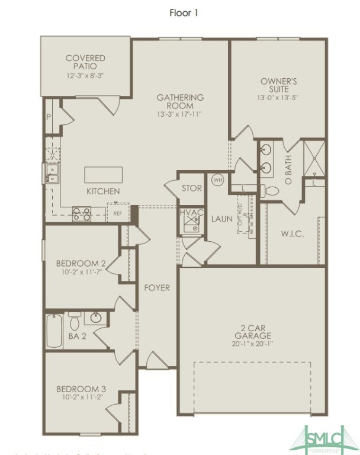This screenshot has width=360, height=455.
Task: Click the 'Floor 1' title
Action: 184,13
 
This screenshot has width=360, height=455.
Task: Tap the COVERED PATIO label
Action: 85,63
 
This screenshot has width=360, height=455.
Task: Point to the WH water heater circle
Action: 217,180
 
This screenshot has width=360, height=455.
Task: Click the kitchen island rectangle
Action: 104,175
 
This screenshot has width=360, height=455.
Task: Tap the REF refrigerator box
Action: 118,213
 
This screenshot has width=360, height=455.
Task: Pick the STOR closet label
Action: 191,189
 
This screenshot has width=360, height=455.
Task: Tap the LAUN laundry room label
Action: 222,219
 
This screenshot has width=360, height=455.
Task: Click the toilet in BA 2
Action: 75,322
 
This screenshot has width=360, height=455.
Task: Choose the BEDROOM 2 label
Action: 81,263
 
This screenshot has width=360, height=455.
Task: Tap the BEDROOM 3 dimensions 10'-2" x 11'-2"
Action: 81,397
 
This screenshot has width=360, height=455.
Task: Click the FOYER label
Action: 157,288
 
